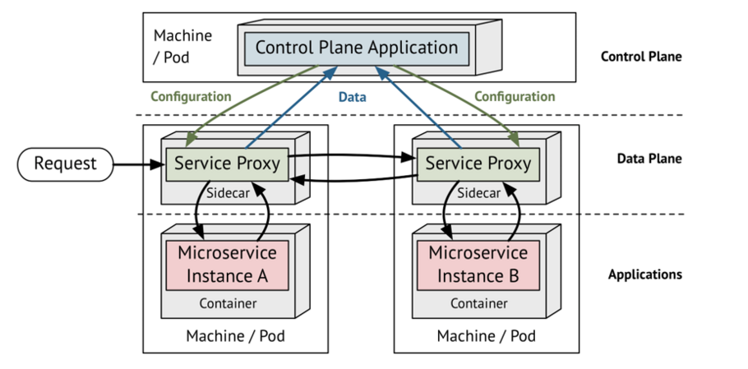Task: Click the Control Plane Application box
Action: pos(356,48)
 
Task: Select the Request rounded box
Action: pos(65,164)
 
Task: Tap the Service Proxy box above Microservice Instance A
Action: pos(227,164)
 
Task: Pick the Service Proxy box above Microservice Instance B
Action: pos(478,164)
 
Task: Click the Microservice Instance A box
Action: pos(227,265)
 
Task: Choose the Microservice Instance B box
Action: pos(478,265)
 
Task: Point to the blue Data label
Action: pos(353,97)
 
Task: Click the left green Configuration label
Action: pos(191,97)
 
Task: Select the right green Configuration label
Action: pos(515,97)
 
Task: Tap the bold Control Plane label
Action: pos(641,58)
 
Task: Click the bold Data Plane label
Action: pos(649,159)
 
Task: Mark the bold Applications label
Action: pos(644,274)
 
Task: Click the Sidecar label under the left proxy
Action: pos(227,193)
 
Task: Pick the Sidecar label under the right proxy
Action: pos(478,193)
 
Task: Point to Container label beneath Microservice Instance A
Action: pos(227,304)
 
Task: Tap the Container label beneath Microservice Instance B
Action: pos(478,304)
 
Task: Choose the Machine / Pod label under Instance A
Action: pos(235,336)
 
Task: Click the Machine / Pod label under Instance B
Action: pos(486,336)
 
